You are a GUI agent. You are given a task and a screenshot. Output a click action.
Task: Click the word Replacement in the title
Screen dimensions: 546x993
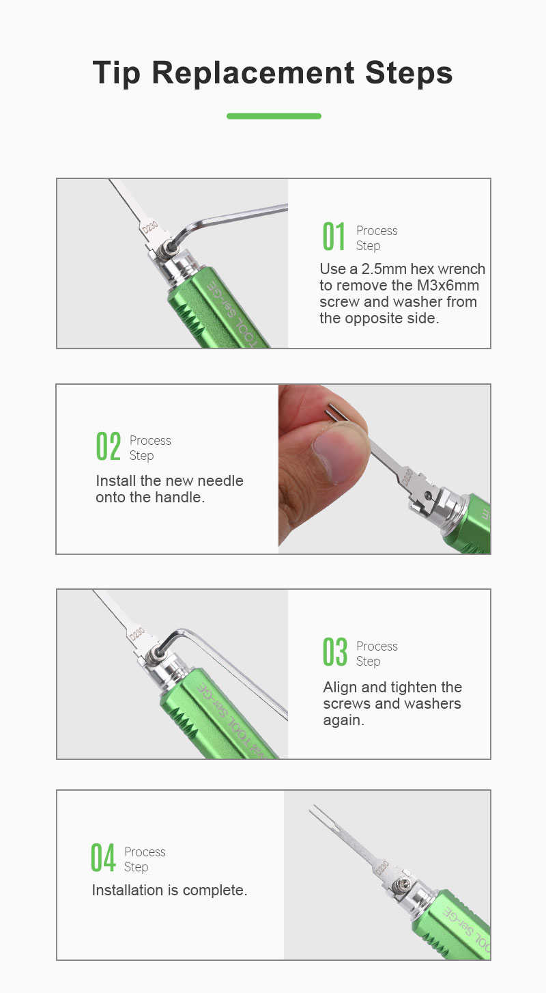(x=253, y=72)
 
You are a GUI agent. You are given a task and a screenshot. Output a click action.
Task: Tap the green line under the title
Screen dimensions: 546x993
(x=274, y=116)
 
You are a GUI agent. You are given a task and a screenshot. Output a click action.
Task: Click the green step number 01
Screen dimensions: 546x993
(x=334, y=236)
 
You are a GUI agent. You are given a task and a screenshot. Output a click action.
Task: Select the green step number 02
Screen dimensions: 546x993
(x=108, y=446)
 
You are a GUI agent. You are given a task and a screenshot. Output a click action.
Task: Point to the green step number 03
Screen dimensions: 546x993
(x=335, y=652)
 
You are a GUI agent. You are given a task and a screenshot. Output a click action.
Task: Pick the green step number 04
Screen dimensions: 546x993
(x=103, y=858)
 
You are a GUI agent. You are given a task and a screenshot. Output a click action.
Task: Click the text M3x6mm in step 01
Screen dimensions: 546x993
(x=448, y=285)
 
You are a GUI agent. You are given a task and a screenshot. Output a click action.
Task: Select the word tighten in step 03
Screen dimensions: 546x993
(x=414, y=687)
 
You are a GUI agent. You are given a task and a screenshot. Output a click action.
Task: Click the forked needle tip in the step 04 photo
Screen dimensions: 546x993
(x=319, y=817)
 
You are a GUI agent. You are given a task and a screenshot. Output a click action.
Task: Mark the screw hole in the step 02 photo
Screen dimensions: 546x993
(x=428, y=494)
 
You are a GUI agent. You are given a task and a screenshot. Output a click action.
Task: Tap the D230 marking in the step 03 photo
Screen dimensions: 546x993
(x=136, y=634)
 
